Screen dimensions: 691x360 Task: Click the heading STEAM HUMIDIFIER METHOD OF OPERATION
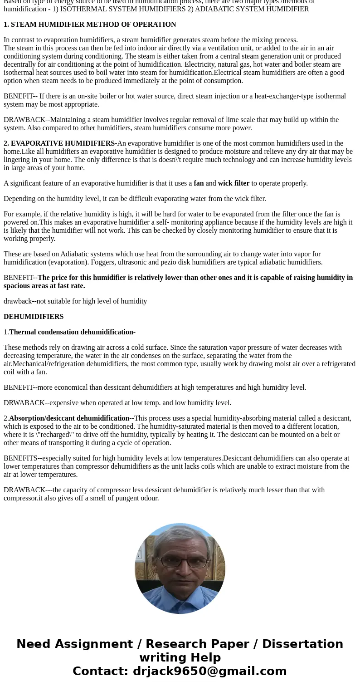(93, 25)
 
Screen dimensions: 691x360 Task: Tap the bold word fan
(199, 183)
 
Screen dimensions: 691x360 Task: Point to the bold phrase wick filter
(234, 183)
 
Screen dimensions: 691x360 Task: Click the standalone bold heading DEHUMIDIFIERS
(34, 317)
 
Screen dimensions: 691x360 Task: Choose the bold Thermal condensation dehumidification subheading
(72, 332)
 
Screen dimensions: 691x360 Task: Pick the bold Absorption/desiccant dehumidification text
(69, 418)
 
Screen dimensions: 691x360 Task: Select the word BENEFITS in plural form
(20, 458)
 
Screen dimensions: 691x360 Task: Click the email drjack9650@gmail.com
(209, 671)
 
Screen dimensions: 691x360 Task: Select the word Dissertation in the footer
(302, 644)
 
